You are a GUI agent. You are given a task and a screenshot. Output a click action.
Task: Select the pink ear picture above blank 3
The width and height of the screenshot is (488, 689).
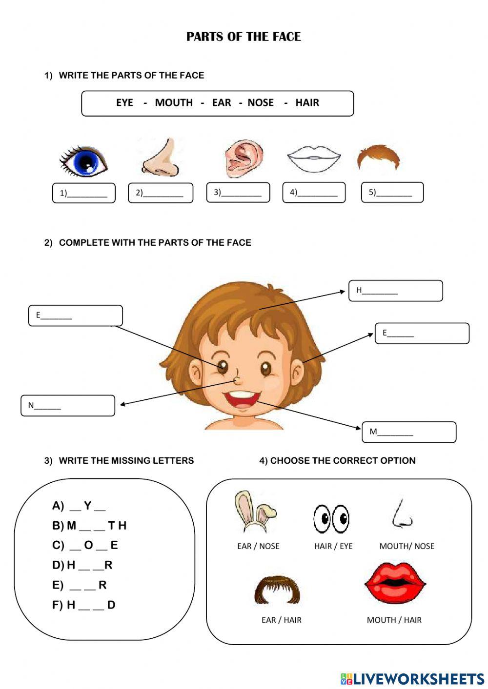point(244,158)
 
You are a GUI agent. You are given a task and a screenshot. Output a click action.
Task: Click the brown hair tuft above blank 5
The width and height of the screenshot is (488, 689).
point(378,157)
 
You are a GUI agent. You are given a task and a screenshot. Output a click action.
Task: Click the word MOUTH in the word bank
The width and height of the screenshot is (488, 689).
point(174,103)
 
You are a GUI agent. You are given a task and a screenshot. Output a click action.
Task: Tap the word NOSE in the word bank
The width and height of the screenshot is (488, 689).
point(261,103)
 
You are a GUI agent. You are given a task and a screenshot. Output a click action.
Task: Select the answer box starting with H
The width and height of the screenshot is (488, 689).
point(395,291)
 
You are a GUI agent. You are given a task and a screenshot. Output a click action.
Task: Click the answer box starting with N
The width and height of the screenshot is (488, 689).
point(68,406)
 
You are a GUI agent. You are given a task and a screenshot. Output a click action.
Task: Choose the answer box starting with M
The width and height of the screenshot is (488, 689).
point(409,432)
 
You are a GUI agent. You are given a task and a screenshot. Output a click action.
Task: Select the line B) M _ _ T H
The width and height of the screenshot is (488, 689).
point(89,526)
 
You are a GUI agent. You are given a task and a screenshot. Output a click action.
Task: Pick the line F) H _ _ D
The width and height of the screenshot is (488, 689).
point(84,605)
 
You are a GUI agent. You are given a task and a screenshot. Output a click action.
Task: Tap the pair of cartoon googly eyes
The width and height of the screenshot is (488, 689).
point(331,518)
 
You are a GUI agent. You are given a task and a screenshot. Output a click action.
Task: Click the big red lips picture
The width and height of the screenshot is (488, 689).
point(395,584)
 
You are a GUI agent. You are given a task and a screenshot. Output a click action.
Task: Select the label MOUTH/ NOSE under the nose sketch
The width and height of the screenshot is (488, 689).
point(407,546)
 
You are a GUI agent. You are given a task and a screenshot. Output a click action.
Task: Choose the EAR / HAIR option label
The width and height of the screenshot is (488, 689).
point(281,620)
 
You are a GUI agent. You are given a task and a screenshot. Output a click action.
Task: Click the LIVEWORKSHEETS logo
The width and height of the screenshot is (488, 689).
point(412,678)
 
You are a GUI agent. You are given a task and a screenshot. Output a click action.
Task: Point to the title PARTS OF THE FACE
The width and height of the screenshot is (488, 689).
point(244,37)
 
